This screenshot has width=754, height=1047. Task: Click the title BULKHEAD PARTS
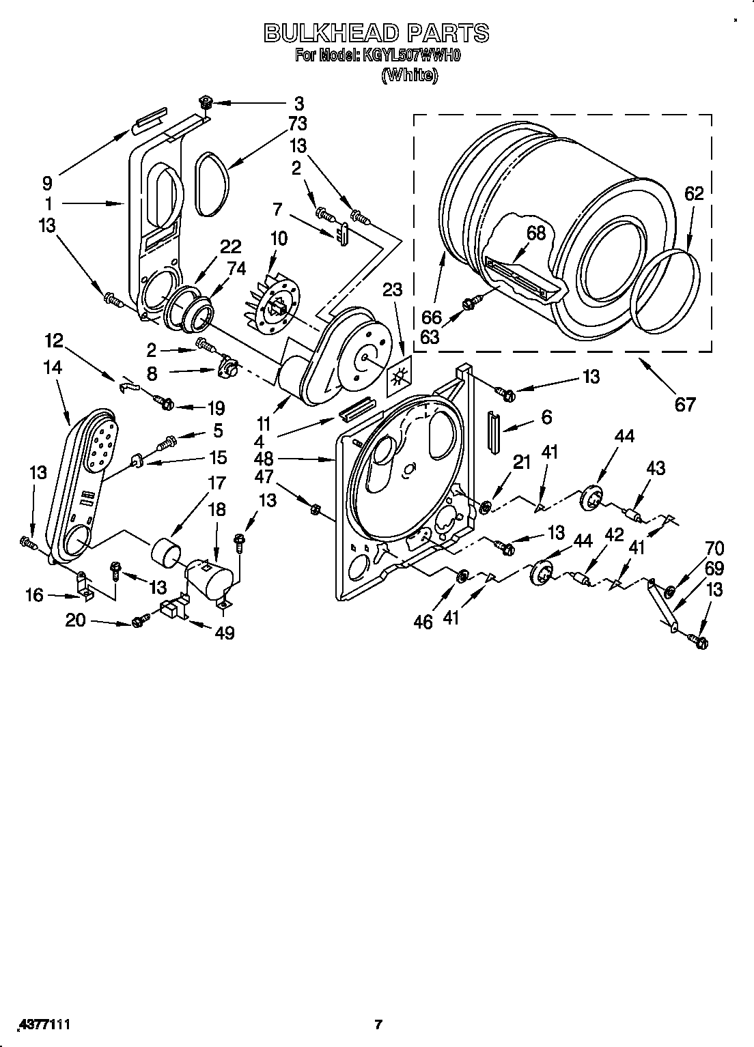coord(376,32)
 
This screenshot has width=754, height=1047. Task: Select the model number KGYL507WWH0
coord(412,55)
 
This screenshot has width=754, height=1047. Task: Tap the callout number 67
coord(684,404)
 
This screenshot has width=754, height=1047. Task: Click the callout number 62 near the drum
coord(693,195)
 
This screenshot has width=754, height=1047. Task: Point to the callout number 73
coord(297,124)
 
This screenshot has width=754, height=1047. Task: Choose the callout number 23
coord(392,291)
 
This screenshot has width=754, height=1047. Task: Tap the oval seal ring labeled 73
coord(209,184)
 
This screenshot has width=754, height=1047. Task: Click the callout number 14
coord(52,368)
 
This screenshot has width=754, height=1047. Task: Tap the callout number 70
coord(714,548)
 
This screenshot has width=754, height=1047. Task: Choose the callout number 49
coord(224,633)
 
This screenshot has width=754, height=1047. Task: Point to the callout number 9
coord(46,183)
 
